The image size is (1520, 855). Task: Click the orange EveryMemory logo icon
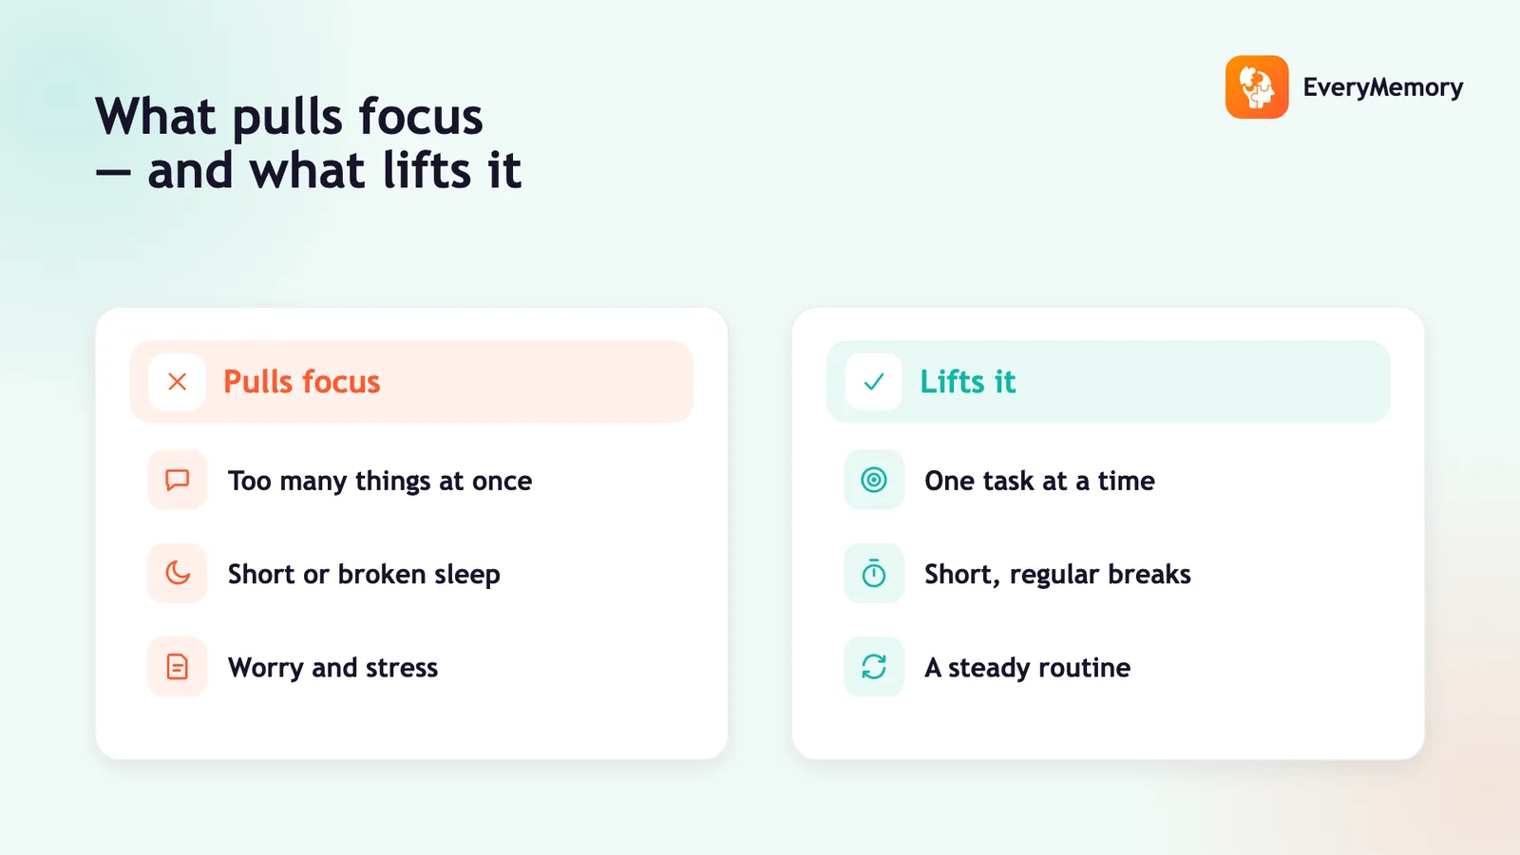[1257, 86]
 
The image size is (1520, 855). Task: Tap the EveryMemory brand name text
[1383, 87]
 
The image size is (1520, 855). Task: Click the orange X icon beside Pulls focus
[177, 382]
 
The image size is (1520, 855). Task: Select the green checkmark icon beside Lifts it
[874, 382]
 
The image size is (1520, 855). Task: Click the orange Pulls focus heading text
[302, 381]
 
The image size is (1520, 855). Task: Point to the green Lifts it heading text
[968, 381]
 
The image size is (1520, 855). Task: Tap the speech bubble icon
[177, 480]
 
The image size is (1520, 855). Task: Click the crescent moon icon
[178, 574]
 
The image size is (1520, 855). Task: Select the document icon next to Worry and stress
[177, 666]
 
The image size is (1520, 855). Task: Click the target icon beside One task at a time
[874, 480]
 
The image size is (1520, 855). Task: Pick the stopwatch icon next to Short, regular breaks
[874, 574]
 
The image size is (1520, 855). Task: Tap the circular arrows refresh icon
[874, 666]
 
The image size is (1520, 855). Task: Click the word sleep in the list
[466, 575]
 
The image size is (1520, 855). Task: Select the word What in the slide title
[156, 117]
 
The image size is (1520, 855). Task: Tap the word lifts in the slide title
[427, 170]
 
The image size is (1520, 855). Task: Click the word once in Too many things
[503, 481]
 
